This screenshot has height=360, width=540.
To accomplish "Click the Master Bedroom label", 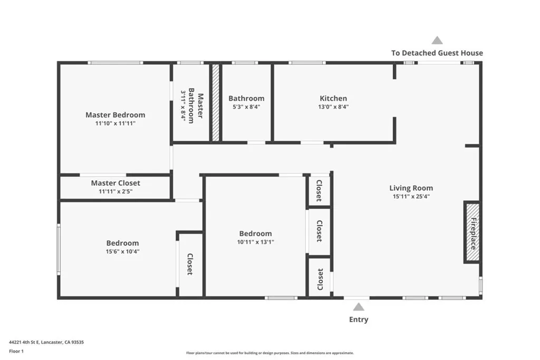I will coord(115,115).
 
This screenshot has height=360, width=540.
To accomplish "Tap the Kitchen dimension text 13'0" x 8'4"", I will coord(333,107).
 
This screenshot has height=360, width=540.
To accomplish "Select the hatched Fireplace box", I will coord(472,232).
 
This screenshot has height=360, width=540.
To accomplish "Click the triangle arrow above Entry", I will coord(359,307).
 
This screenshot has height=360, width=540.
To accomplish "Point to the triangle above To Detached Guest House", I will coord(437,40).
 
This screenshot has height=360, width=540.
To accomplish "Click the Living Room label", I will coord(411,188).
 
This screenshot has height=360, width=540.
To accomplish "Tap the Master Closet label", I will coord(115,183).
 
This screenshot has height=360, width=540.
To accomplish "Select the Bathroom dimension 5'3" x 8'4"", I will coord(246,107).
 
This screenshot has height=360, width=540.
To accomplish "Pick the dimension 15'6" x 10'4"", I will coord(123,251).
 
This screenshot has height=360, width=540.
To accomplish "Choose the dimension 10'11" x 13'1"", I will coord(256,242).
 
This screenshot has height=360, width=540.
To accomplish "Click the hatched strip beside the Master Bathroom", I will coord(215,103).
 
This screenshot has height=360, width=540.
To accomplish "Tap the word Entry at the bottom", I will coord(359,319).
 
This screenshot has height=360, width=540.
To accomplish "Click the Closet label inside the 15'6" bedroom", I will coord(189,265).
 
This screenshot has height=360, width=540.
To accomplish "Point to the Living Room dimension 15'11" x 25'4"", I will coord(411,197).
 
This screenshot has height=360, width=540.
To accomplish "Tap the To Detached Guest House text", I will coord(437,53).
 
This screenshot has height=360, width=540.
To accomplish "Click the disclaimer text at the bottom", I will coord(269,353).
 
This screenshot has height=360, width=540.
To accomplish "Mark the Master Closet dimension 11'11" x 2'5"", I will coord(115,191).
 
